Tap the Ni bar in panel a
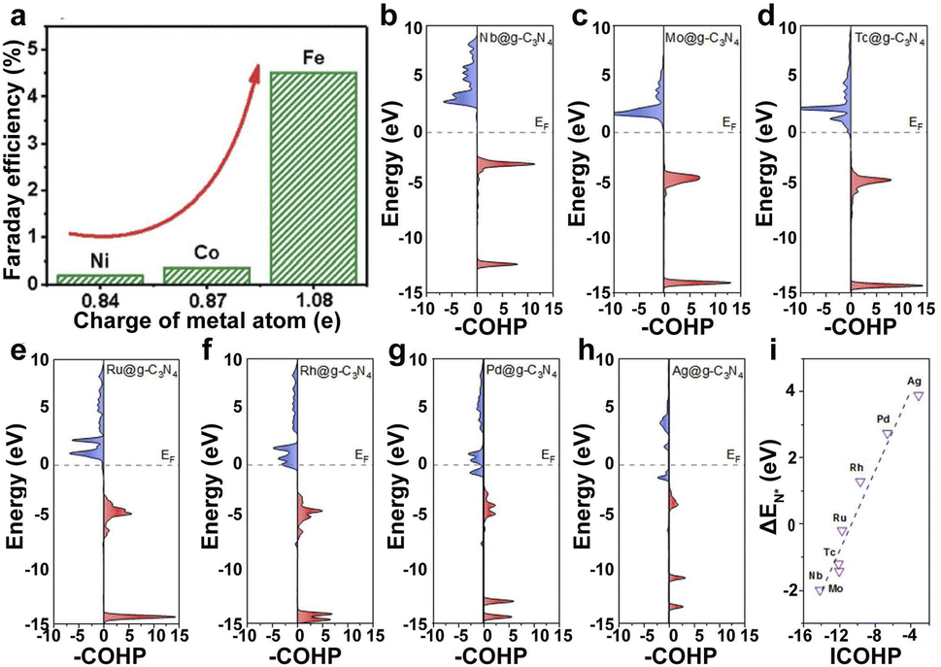coord(100,280)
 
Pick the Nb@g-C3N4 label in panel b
coord(512,39)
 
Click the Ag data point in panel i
coord(918,396)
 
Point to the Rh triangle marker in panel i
coord(860,483)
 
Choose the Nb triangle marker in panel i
coord(820,590)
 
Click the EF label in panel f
coord(361,453)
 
